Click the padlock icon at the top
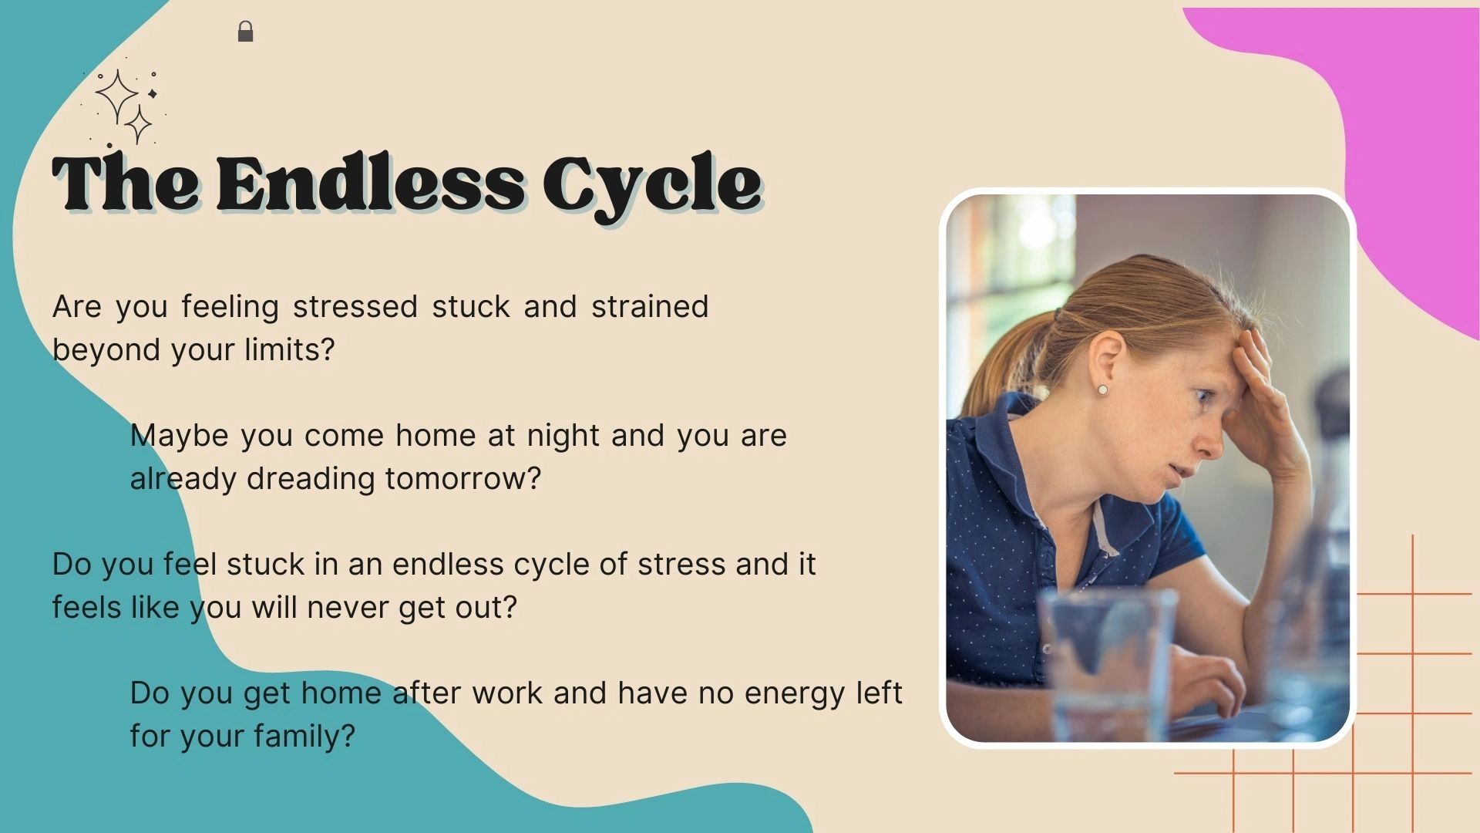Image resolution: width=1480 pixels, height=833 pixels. point(245,32)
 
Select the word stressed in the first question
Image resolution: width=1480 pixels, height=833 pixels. point(355,306)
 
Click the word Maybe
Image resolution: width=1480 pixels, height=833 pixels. point(179,437)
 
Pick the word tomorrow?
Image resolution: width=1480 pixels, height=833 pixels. point(463,478)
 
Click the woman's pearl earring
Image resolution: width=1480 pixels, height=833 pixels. point(1102,390)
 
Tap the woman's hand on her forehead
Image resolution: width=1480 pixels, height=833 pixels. point(1264,401)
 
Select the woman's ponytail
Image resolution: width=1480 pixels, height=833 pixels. point(994,363)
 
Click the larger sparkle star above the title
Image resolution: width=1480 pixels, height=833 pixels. point(116,96)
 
